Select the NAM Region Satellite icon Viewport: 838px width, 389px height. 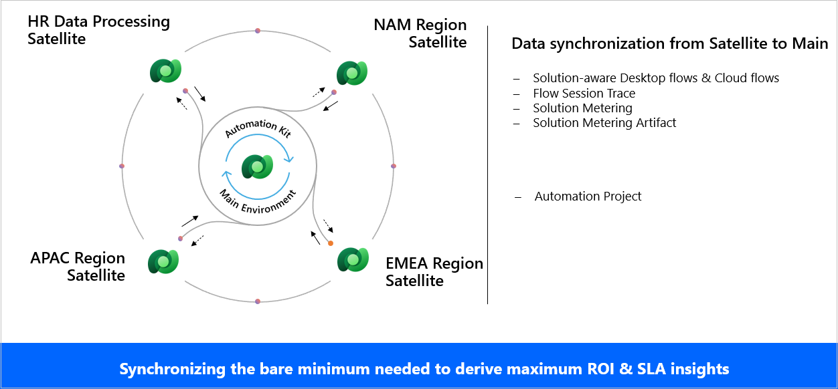click(351, 73)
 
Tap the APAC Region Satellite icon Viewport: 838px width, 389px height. click(163, 261)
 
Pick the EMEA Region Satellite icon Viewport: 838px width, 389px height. click(352, 259)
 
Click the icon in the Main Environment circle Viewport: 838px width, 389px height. click(258, 166)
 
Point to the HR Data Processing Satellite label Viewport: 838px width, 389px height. click(98, 30)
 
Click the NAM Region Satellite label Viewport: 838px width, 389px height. click(420, 33)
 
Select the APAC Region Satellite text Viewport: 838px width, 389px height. click(78, 267)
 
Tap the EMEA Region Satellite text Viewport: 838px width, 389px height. click(434, 271)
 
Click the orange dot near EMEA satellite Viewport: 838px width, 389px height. click(330, 243)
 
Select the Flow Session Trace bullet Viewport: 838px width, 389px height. click(584, 94)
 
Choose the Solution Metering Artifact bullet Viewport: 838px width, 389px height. click(604, 123)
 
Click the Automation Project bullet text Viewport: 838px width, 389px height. click(588, 197)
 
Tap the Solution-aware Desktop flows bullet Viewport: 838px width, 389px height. click(655, 78)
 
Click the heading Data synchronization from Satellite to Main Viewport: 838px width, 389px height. click(669, 44)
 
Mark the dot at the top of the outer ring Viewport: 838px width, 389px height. click(258, 31)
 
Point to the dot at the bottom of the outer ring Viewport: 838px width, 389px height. click(258, 301)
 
